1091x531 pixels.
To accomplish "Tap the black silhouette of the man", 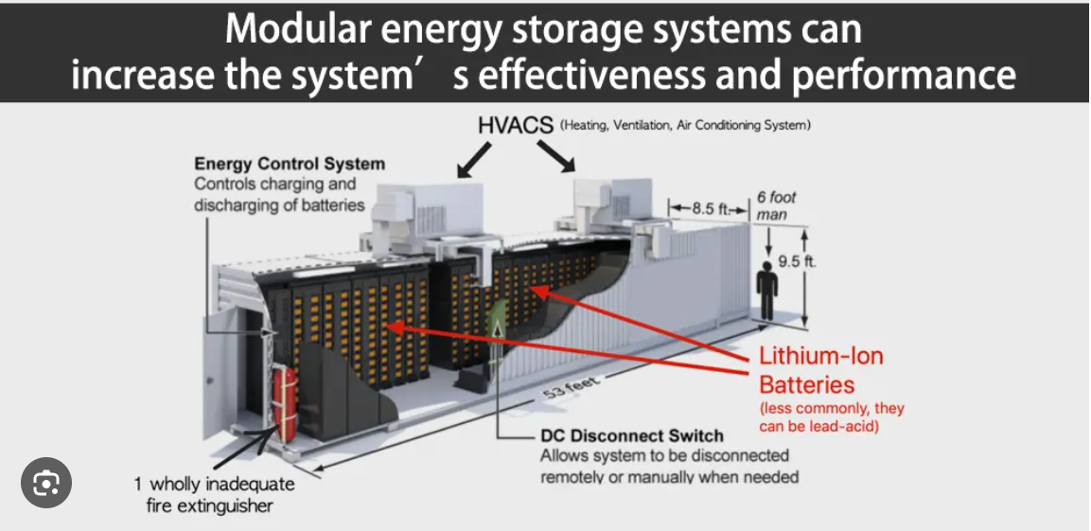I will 768,289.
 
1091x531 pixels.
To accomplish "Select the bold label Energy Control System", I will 290,164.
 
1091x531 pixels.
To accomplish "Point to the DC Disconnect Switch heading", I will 631,436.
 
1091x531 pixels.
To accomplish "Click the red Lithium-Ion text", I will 821,356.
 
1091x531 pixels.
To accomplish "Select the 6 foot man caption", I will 776,206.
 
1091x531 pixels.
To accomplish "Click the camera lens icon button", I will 46,484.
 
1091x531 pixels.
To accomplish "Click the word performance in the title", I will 904,74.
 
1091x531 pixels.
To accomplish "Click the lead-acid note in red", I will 832,417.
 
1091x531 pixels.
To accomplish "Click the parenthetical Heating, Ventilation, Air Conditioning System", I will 685,125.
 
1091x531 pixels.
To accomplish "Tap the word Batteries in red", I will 807,384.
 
